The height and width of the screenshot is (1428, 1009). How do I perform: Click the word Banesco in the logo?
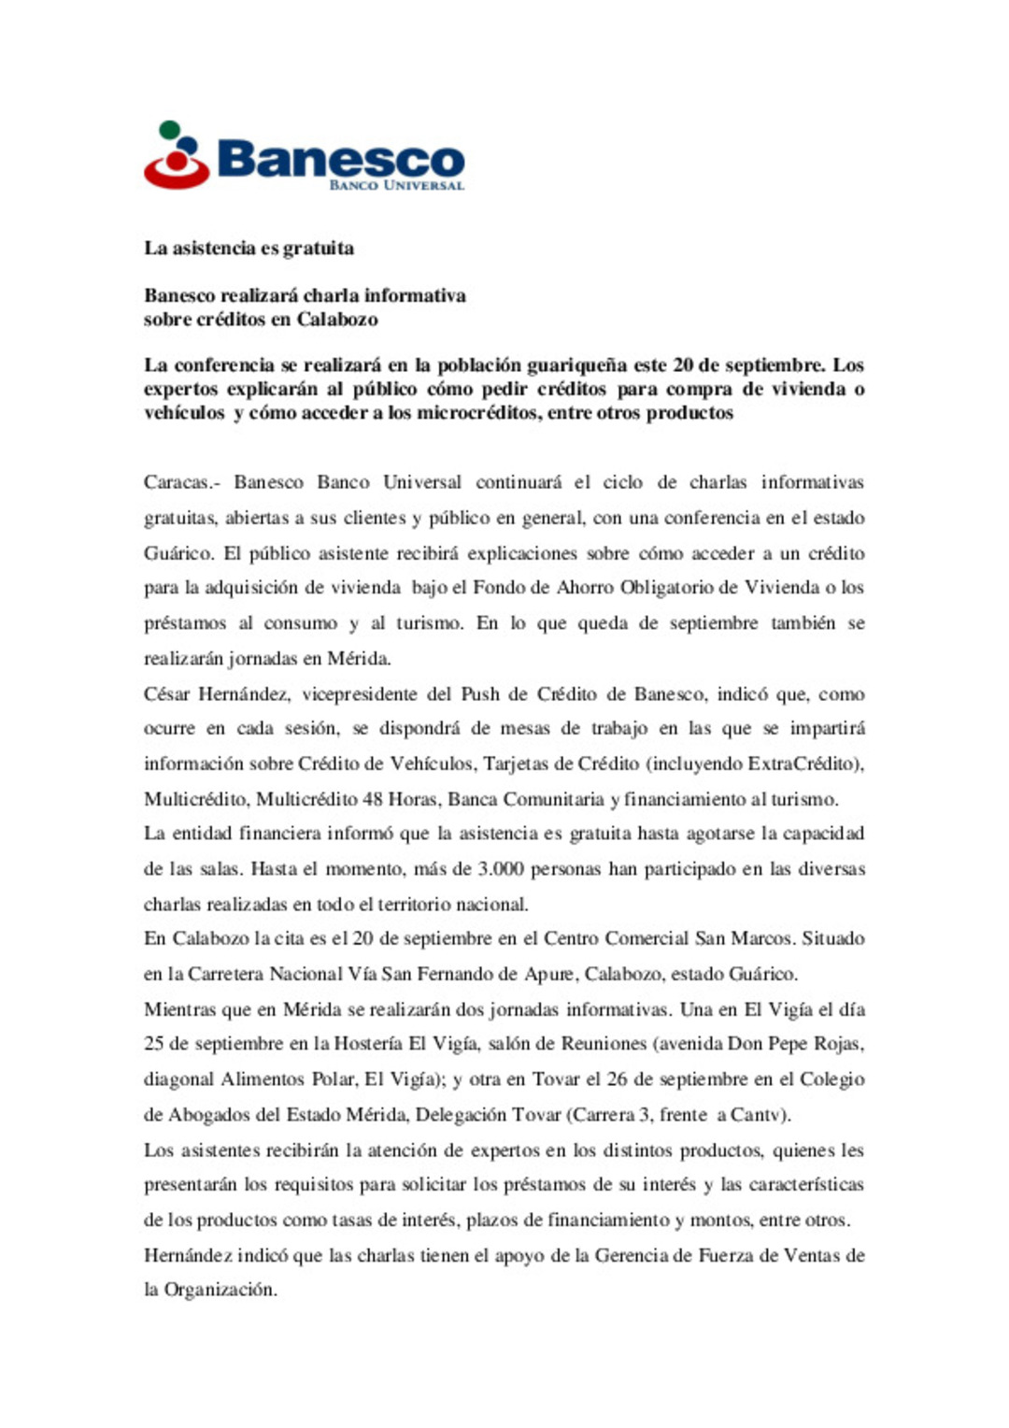[x=340, y=159]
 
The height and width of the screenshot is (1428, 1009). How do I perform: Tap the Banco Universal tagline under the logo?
[x=396, y=185]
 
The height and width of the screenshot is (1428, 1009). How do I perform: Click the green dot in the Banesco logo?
[x=169, y=130]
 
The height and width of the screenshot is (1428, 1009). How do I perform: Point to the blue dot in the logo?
[x=188, y=147]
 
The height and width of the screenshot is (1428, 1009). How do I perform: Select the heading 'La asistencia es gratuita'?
[x=249, y=249]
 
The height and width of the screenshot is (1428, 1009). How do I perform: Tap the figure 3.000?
[x=500, y=869]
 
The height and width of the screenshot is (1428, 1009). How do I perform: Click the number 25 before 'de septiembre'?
[x=153, y=1044]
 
